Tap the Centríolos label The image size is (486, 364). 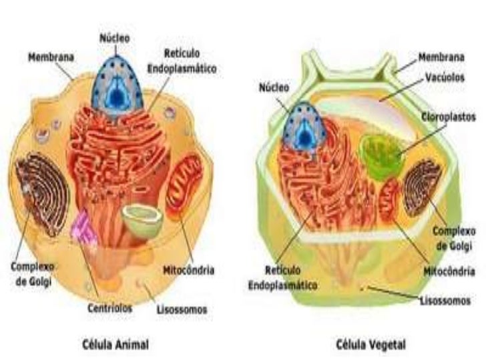pos(110,309)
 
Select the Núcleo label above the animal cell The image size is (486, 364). pos(115,38)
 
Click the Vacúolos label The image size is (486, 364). pos(447,78)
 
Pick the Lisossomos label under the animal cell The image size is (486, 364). pos(181,309)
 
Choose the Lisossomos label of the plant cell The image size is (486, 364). pos(445,301)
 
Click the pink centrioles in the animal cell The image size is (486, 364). pos(85,229)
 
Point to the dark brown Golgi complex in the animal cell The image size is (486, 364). pos(42,193)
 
